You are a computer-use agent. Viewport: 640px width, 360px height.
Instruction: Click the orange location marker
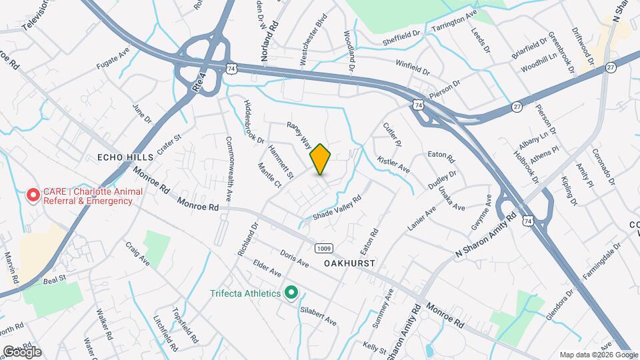pos(321,159)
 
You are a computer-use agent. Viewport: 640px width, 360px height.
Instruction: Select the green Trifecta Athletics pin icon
pos(291,293)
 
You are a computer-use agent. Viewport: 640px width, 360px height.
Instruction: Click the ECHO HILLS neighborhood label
pos(125,157)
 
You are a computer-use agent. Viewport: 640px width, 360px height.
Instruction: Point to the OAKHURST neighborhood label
pos(350,263)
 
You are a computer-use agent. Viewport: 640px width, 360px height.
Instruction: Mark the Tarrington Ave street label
pos(455,22)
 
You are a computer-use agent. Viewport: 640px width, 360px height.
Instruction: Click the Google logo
pos(22,351)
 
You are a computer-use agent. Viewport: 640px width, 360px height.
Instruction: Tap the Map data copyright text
pos(597,355)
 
